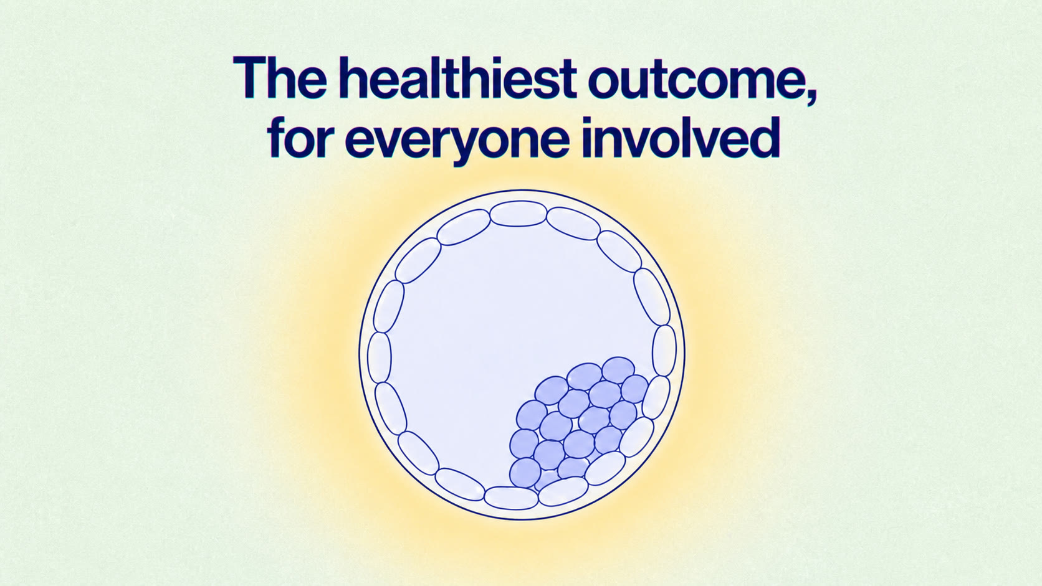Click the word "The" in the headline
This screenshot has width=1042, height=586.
(x=280, y=78)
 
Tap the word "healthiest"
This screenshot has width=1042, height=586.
(x=457, y=78)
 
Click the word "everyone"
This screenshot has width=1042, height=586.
(x=457, y=143)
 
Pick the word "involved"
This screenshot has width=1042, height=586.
(x=681, y=137)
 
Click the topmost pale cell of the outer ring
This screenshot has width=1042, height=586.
(x=519, y=214)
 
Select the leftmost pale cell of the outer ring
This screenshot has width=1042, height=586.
(x=379, y=358)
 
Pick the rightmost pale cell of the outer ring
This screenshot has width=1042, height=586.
(x=664, y=351)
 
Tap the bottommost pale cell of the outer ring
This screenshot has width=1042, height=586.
(x=511, y=498)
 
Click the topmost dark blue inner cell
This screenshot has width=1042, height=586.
(x=618, y=370)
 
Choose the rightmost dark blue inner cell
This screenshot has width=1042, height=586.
(x=634, y=389)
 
